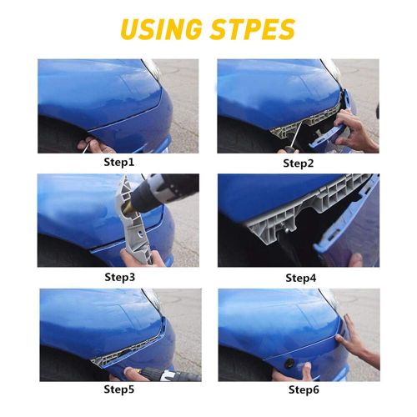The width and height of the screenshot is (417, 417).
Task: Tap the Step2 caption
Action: pyautogui.click(x=299, y=163)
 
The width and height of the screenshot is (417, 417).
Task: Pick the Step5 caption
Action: pyautogui.click(x=119, y=389)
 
